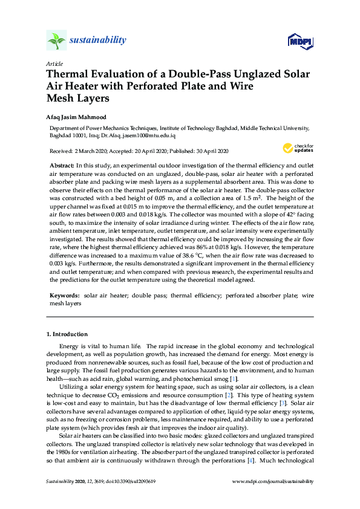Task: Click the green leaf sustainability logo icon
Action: [56, 41]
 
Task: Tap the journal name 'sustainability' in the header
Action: [97, 41]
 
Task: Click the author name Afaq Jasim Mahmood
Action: [72, 117]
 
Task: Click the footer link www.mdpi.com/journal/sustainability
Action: [273, 481]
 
